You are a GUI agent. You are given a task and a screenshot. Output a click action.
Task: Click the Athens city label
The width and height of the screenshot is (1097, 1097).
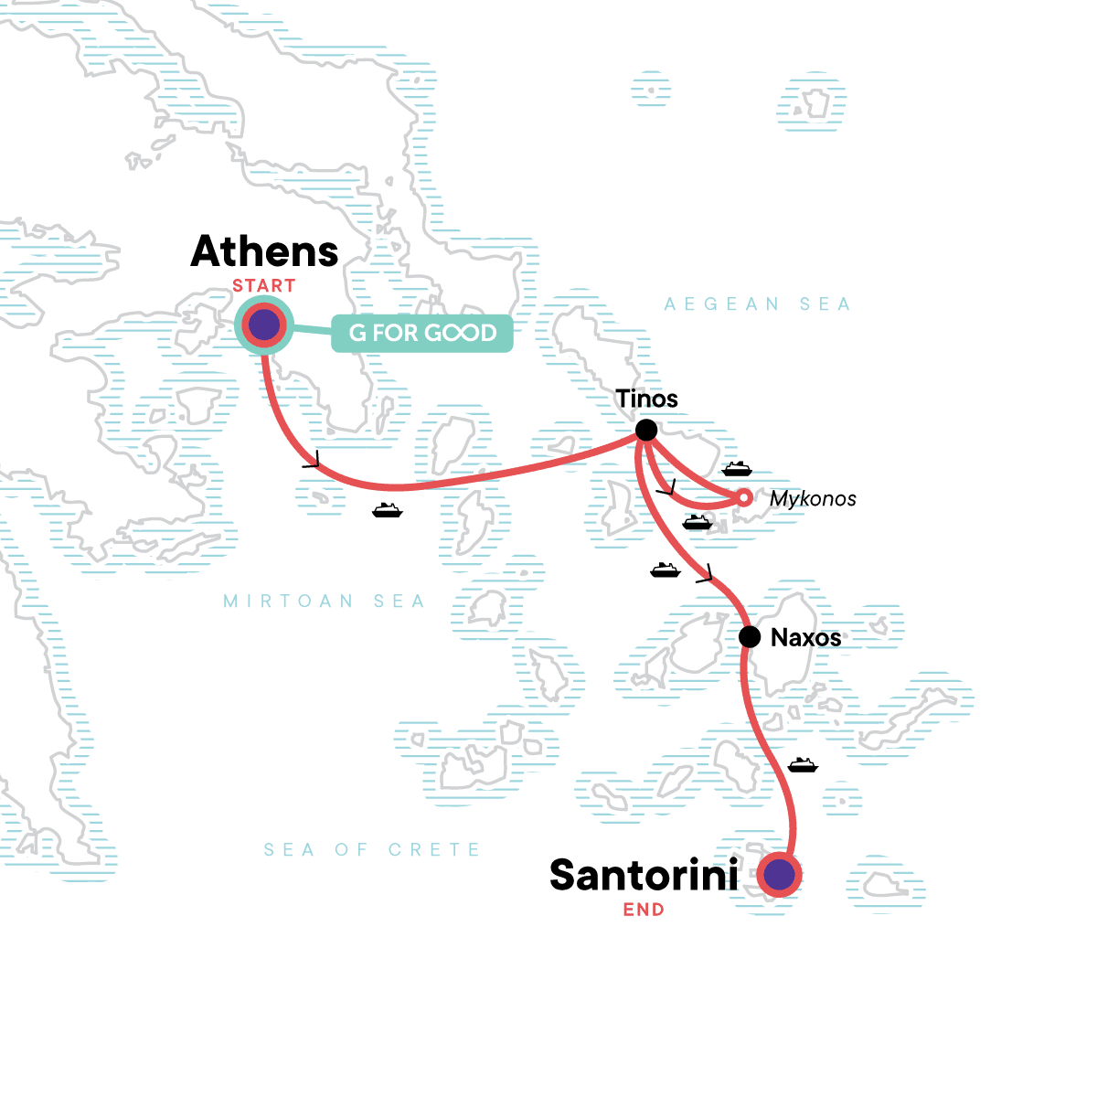pos(264,251)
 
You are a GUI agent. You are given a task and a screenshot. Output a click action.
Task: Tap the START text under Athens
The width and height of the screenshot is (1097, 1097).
pos(263,286)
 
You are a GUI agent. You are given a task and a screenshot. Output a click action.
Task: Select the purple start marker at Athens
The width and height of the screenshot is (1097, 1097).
pos(264,325)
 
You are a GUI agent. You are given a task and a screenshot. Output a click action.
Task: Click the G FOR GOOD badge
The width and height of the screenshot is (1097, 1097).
pos(421,334)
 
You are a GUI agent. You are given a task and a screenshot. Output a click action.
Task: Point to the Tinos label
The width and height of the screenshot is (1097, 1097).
pos(646,399)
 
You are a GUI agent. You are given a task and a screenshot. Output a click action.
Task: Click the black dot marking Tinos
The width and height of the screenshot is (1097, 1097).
pos(646,430)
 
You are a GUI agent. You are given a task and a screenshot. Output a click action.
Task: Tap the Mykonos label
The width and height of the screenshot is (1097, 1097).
pos(813,499)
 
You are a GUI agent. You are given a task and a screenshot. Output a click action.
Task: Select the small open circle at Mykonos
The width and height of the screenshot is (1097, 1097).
pos(744,497)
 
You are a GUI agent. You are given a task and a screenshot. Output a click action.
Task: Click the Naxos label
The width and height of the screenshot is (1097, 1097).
pos(805,638)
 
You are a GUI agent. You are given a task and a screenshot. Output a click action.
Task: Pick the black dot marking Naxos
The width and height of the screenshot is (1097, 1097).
pos(750,637)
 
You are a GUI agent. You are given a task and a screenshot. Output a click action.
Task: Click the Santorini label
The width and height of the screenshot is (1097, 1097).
pos(644,876)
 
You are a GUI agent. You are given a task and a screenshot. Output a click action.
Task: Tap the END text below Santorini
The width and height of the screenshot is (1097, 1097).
pos(644,910)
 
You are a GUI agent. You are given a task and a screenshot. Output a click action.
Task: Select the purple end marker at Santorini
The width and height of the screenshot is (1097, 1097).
pos(780,875)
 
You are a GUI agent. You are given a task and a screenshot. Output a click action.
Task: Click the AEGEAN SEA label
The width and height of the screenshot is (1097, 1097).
pos(757,304)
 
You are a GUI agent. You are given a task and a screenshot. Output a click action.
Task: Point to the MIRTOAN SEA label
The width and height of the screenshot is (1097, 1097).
pos(325,602)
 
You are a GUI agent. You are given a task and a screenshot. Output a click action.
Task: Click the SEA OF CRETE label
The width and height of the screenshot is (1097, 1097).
pos(371,850)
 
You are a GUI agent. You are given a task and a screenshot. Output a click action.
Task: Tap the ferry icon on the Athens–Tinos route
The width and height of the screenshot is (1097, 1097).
pos(388,510)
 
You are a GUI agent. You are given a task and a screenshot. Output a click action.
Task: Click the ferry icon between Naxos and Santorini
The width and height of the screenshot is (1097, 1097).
pos(803,765)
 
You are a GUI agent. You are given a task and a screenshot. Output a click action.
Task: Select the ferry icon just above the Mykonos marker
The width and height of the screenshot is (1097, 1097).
pos(737,470)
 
